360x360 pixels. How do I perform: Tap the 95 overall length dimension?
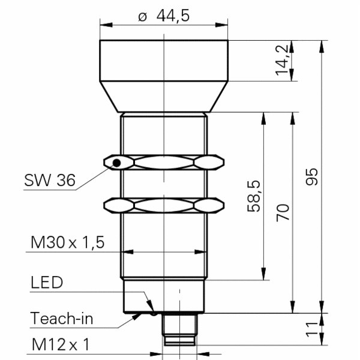click(x=311, y=176)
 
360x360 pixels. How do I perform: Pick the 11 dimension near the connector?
click(x=311, y=329)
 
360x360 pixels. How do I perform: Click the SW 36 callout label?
click(x=50, y=180)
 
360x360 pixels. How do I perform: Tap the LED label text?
click(x=46, y=282)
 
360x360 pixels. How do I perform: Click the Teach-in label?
click(x=62, y=318)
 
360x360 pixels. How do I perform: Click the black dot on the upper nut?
click(x=118, y=163)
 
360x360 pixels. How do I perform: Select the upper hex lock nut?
click(x=164, y=162)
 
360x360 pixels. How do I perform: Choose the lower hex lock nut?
click(x=164, y=205)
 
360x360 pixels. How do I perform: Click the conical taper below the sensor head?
click(x=164, y=97)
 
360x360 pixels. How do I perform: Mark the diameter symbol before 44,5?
click(x=142, y=17)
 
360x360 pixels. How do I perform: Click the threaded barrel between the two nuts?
click(x=164, y=184)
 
